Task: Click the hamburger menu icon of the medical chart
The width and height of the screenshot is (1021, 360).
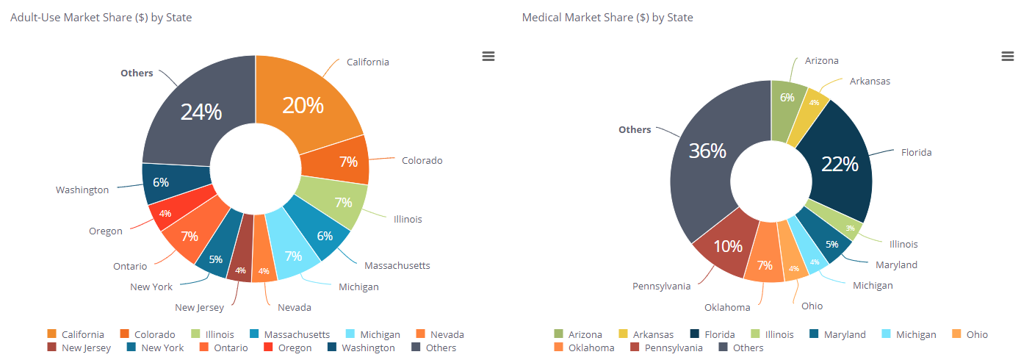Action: pos(1007,57)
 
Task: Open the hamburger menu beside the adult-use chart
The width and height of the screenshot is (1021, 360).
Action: pos(488,57)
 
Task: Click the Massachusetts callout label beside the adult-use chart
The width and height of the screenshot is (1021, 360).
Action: pos(397,265)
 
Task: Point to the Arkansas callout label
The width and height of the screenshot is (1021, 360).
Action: pos(870,81)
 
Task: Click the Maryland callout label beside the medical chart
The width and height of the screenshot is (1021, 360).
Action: pos(896,264)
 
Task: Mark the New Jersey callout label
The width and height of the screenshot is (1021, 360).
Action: pos(199,307)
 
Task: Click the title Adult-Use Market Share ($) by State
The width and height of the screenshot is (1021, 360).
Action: pos(101,18)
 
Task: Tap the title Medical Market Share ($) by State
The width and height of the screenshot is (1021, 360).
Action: pos(607,18)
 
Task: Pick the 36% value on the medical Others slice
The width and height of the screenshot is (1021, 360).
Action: pos(707,151)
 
